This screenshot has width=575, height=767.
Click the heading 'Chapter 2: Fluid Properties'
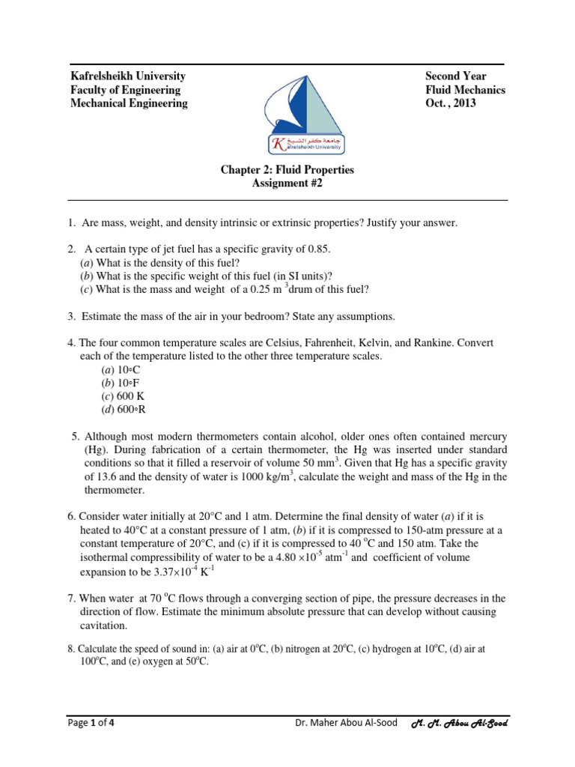287,170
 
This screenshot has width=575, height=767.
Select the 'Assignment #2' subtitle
287,184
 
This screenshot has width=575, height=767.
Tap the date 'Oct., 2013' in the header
451,103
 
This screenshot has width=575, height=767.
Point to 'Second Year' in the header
455,76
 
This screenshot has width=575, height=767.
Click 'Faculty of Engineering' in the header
125,90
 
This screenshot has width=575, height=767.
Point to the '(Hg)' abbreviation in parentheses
95,449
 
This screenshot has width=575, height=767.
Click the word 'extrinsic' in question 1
304,223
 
